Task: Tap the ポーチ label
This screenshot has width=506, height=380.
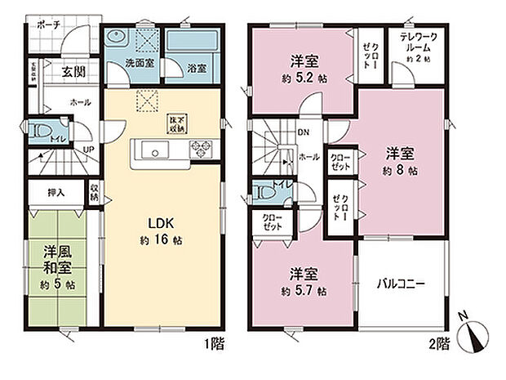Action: point(48,25)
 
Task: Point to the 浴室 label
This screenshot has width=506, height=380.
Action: point(197,68)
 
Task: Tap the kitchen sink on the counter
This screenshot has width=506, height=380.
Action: point(154,150)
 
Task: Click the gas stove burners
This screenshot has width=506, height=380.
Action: point(201,150)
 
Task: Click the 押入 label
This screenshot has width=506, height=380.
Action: point(56,193)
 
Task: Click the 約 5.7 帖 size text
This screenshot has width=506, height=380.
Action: point(307,291)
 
